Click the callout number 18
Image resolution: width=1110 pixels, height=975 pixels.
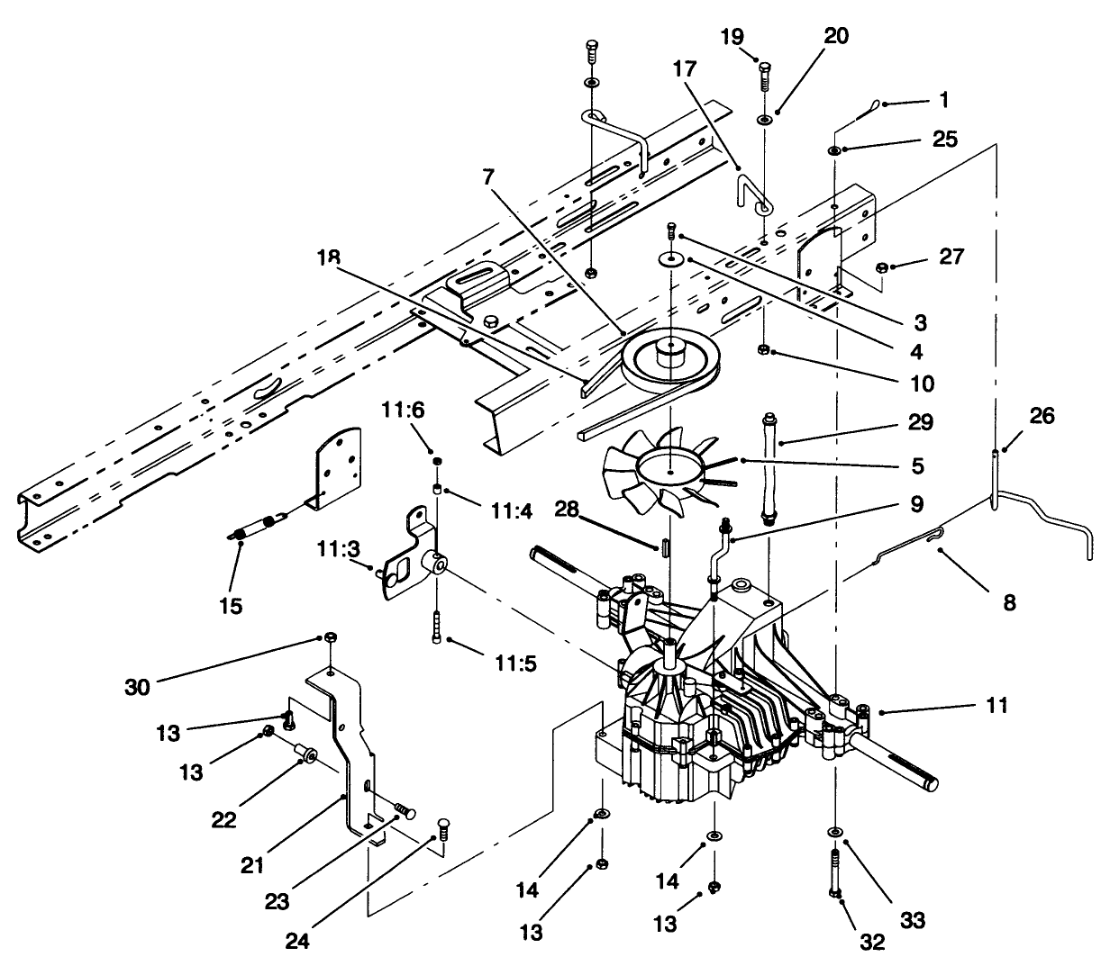(x=328, y=257)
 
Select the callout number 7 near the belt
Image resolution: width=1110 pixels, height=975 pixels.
(x=488, y=177)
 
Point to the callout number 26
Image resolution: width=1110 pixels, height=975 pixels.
(x=1041, y=416)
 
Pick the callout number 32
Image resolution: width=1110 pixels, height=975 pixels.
(x=872, y=943)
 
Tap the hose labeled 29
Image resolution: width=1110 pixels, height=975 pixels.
(x=769, y=468)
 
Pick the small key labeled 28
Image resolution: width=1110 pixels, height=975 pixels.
(x=664, y=546)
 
